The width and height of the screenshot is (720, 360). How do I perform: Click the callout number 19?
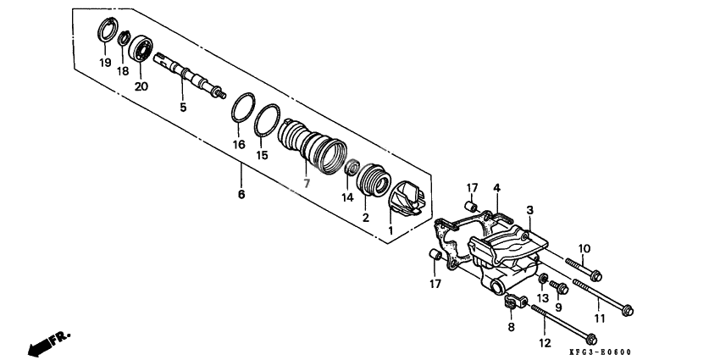coord(105,62)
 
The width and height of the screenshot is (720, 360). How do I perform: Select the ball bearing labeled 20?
coord(140,49)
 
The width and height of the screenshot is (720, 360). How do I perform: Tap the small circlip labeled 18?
coord(123,39)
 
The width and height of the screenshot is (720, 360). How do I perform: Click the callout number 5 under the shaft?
coord(183,108)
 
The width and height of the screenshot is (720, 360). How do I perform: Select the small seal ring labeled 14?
coord(352,167)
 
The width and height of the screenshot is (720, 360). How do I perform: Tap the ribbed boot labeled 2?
coord(373,179)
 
